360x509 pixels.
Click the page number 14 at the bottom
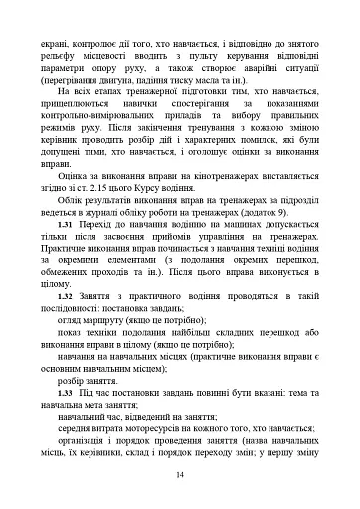click(180, 475)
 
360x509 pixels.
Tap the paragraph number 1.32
click(67, 324)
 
